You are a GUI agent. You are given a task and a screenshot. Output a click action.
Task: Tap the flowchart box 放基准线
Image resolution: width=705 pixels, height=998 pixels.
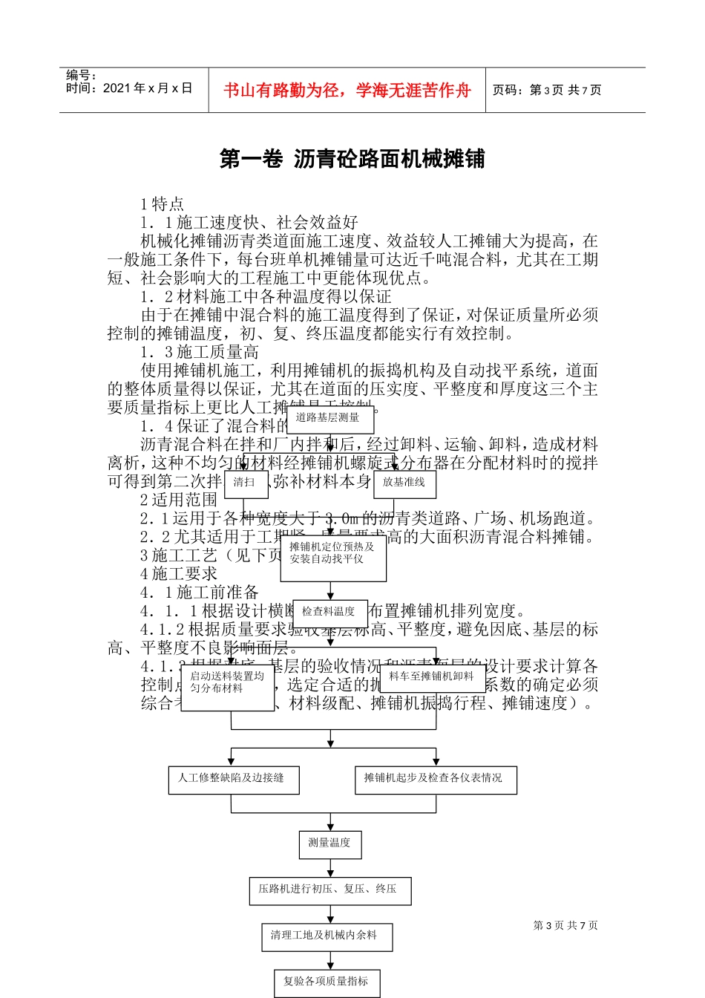tap(404, 483)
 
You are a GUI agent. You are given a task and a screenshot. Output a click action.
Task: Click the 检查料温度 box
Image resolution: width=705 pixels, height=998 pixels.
tap(330, 613)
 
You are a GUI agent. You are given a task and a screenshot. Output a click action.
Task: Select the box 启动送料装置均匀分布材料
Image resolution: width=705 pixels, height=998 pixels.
tap(228, 687)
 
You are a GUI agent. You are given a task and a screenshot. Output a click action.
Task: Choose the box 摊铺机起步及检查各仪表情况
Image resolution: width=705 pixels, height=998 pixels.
tap(435, 779)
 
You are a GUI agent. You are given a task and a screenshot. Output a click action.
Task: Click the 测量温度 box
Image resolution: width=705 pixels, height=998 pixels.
tap(329, 844)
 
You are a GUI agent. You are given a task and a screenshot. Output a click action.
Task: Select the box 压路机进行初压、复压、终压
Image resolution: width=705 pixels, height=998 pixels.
tap(329, 890)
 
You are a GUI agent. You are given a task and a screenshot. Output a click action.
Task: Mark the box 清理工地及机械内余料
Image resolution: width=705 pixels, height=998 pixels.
tap(327, 936)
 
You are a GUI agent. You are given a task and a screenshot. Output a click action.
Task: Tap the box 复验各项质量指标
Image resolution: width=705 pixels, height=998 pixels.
tap(327, 982)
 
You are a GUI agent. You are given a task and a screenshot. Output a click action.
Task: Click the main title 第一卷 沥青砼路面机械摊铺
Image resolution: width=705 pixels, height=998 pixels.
tap(352, 159)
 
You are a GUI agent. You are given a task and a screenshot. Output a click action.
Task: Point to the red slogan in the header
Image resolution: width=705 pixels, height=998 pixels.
tap(347, 91)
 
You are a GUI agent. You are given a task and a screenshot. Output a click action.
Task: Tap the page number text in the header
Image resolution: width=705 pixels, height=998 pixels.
tap(548, 91)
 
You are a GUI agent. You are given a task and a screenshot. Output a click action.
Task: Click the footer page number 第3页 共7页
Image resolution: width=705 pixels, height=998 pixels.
tap(565, 926)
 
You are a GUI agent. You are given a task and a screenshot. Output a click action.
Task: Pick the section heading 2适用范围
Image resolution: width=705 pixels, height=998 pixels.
tap(179, 500)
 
